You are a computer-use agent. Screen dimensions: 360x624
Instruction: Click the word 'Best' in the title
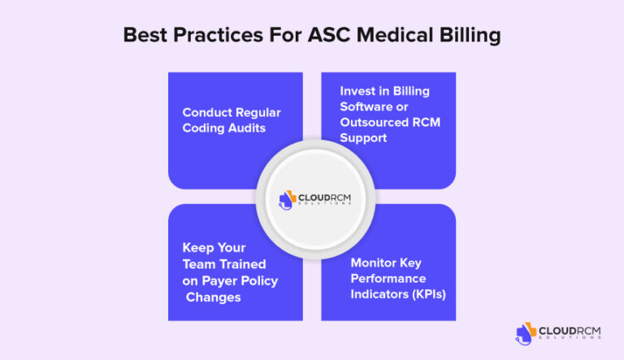coord(145,36)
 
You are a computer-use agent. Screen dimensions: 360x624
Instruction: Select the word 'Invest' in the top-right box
coord(358,91)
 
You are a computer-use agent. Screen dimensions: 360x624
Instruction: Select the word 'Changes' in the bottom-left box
coord(214,297)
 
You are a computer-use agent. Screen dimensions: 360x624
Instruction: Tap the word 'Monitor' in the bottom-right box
coord(375,262)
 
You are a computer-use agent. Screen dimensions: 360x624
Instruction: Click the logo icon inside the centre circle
coord(288,198)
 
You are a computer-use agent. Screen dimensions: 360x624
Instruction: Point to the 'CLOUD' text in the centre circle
coord(313,195)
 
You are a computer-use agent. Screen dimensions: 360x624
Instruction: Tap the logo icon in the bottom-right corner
coord(526,332)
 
